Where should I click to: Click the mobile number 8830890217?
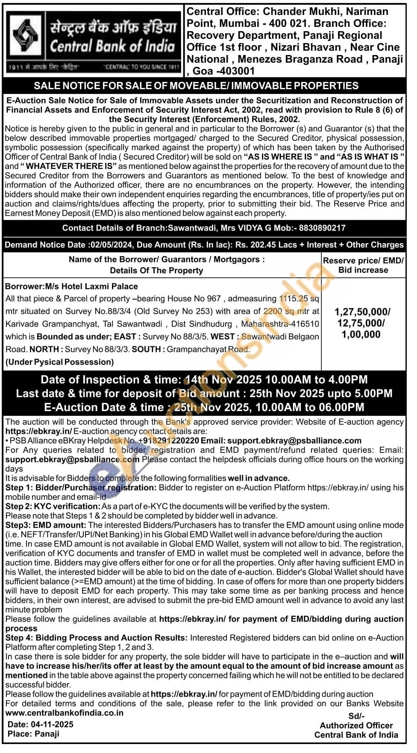click(322, 228)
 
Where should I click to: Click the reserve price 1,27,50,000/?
click(362, 312)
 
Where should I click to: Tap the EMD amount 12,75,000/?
click(361, 323)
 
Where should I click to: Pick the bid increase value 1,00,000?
click(361, 335)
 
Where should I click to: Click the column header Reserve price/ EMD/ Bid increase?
click(363, 265)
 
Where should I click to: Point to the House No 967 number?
click(213, 299)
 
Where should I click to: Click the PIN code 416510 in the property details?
click(304, 324)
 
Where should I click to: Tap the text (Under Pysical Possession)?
click(59, 362)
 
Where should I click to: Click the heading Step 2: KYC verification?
click(53, 506)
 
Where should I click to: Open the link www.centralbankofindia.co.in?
click(65, 712)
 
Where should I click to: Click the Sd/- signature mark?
click(356, 716)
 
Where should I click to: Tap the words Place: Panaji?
click(33, 734)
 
